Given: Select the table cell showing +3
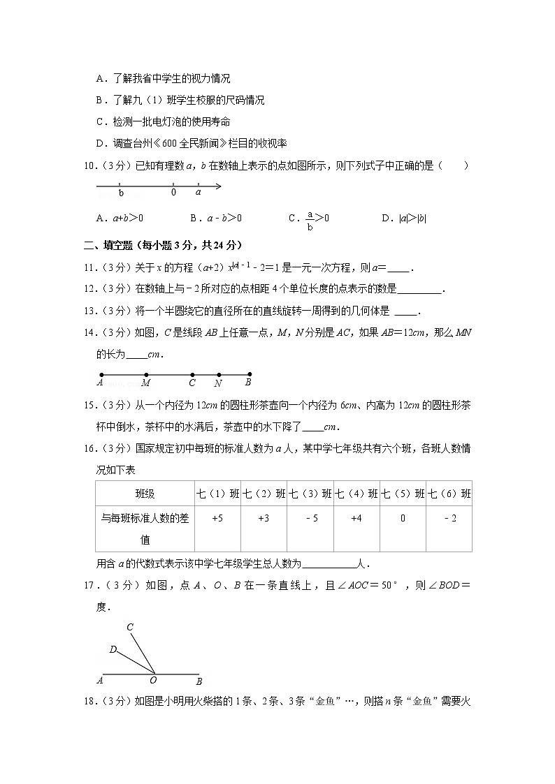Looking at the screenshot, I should tap(264, 518).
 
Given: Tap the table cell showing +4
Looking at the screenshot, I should tap(356, 518).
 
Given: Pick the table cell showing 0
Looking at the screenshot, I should tap(403, 518).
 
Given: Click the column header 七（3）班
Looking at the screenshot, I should tap(310, 494).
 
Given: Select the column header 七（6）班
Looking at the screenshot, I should tap(449, 494).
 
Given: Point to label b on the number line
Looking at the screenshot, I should tap(121, 193).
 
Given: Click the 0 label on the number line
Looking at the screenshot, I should tap(173, 192).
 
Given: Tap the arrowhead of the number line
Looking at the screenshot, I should tap(219, 186).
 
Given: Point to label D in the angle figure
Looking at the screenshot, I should tap(113, 649).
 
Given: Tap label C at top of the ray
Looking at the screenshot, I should tap(130, 627).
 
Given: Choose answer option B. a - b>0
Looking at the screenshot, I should tap(216, 219).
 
